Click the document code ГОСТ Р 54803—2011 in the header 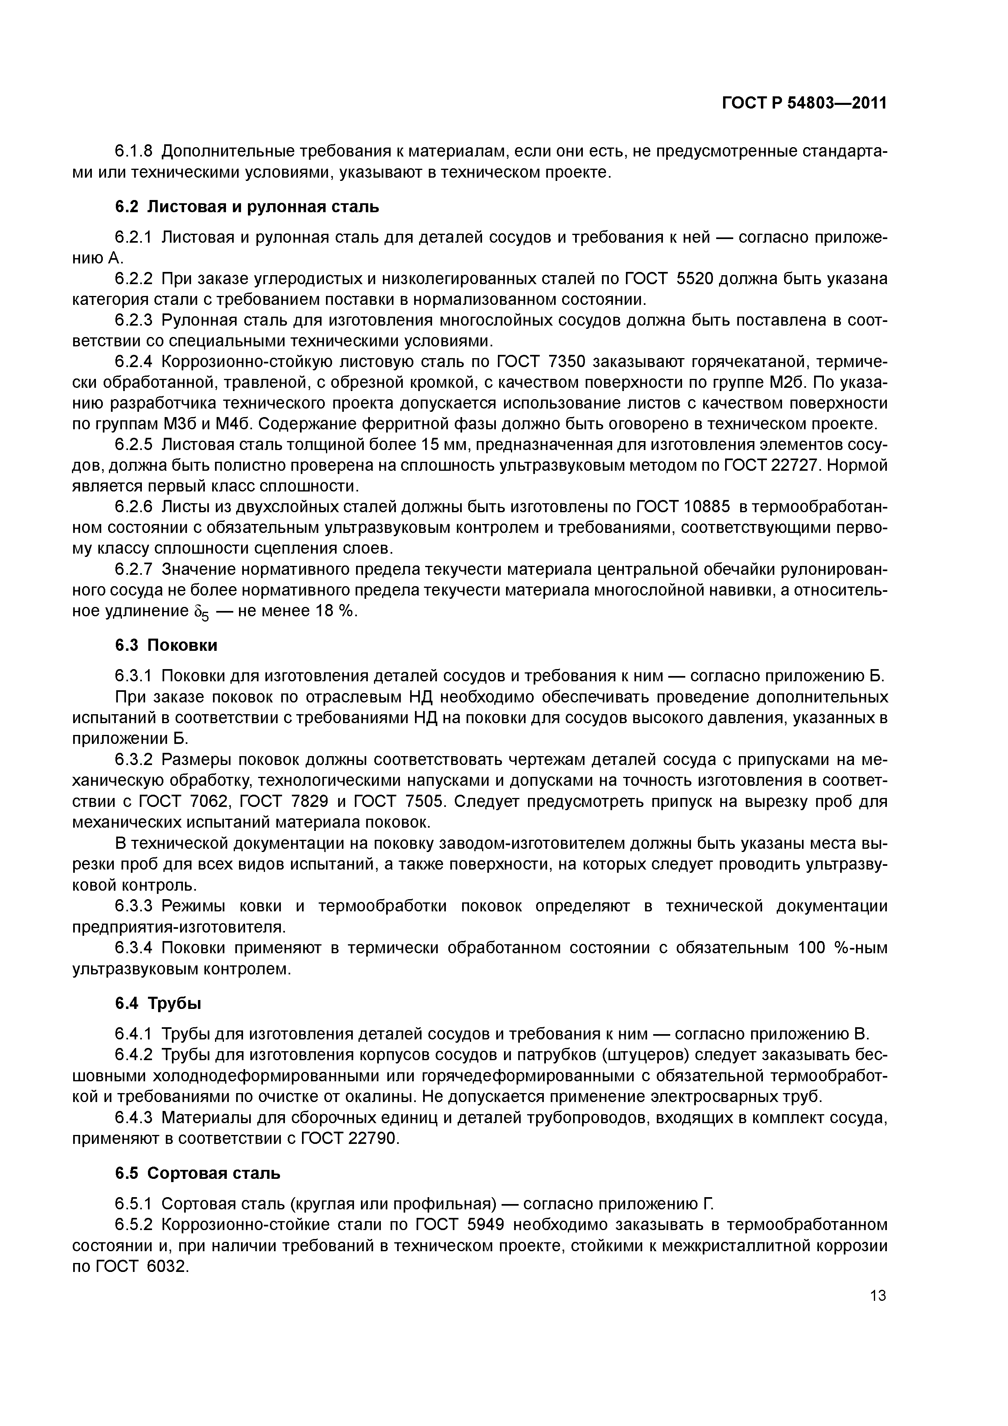pos(804,103)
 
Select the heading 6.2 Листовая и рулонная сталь pos(247,206)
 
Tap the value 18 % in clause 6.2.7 pos(336,611)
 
